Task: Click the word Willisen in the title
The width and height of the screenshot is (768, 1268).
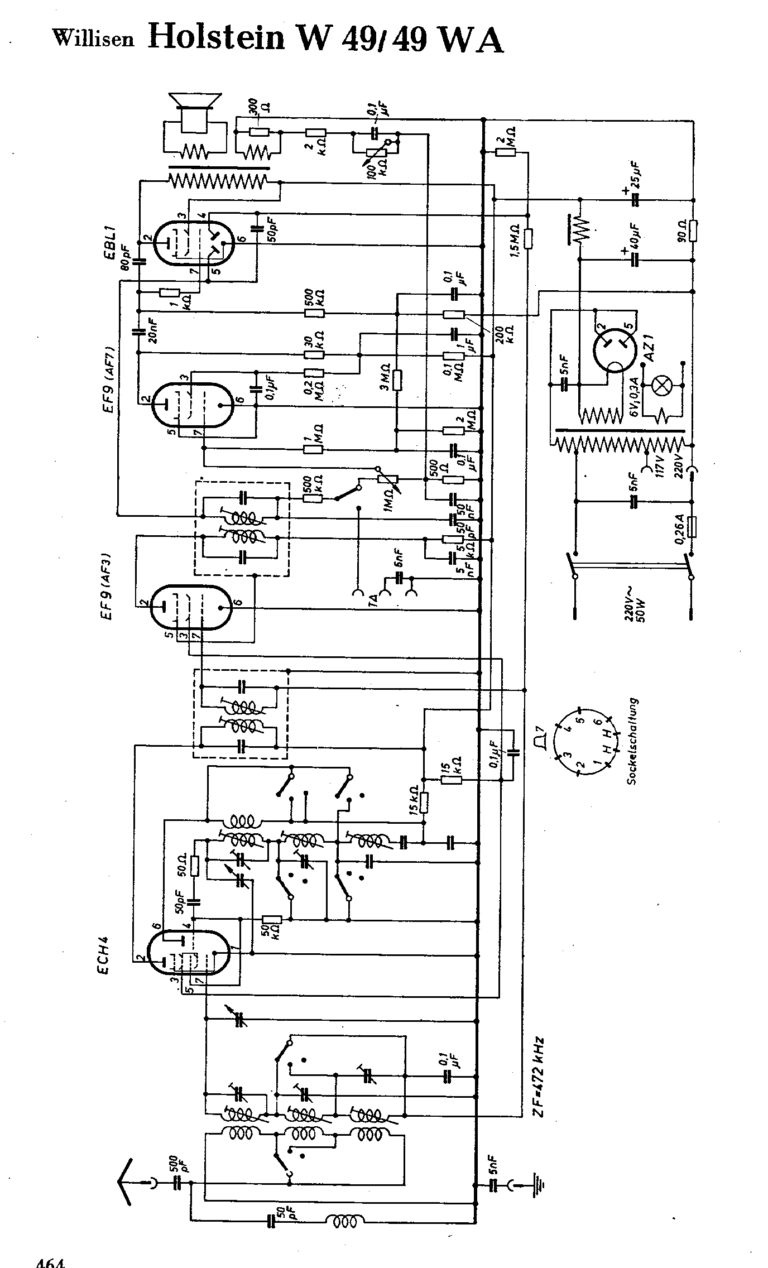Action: coord(93,39)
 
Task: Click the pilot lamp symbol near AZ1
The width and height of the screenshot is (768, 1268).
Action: coord(662,386)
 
